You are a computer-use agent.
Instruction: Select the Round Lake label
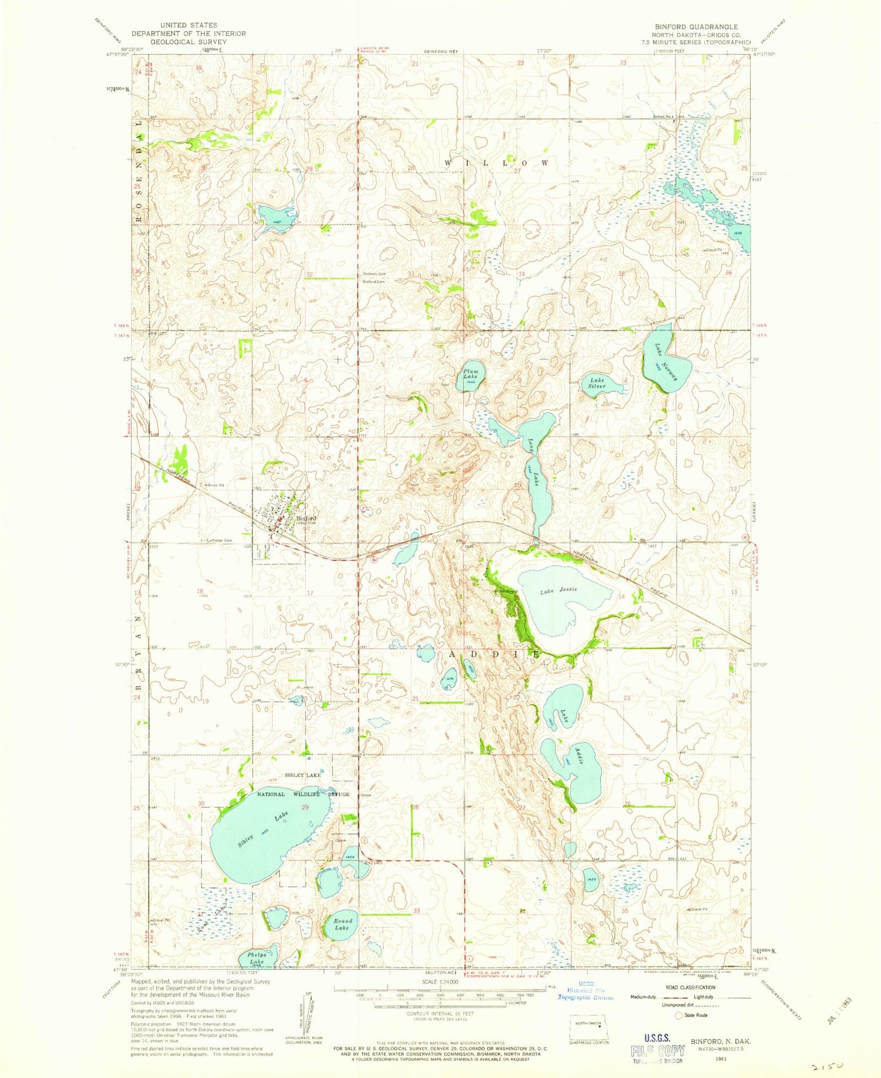[342, 924]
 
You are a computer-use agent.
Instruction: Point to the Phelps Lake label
[257, 958]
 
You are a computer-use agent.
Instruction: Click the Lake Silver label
[597, 383]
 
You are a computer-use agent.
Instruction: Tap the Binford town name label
[306, 518]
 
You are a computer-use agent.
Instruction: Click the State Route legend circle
[679, 1015]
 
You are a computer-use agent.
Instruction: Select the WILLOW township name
[496, 162]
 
